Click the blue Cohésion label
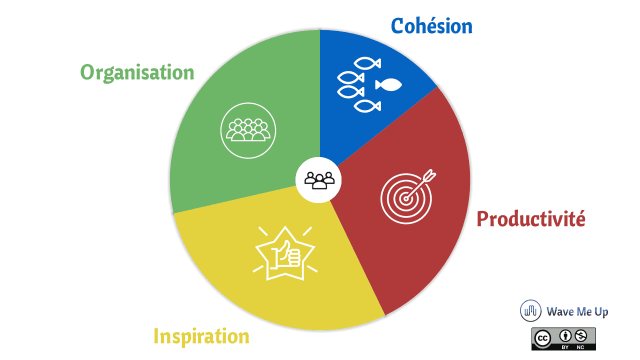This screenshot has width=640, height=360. click(x=431, y=26)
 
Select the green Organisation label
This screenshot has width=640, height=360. click(x=137, y=72)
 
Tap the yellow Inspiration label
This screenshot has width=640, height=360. click(x=201, y=336)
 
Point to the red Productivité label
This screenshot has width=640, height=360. click(x=531, y=219)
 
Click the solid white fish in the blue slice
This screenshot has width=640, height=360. click(x=388, y=85)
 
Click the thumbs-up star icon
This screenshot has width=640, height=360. click(x=285, y=253)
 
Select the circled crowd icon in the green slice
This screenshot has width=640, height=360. click(x=248, y=130)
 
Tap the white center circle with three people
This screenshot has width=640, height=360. click(x=318, y=180)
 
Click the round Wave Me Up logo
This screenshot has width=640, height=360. click(x=530, y=310)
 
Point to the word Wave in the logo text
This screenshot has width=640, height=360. click(x=559, y=311)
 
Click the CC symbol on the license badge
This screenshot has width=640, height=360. click(x=542, y=338)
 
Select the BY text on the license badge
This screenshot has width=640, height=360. click(x=565, y=347)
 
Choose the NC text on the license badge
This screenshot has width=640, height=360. click(x=580, y=347)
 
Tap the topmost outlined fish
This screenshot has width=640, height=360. click(x=367, y=63)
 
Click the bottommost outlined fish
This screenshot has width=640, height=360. click(x=367, y=106)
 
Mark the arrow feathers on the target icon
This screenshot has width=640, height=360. click(x=429, y=175)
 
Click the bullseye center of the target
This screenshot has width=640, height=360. click(x=405, y=199)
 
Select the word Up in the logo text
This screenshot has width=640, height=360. click(x=601, y=312)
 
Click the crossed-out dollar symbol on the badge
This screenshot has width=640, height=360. click(x=581, y=336)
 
